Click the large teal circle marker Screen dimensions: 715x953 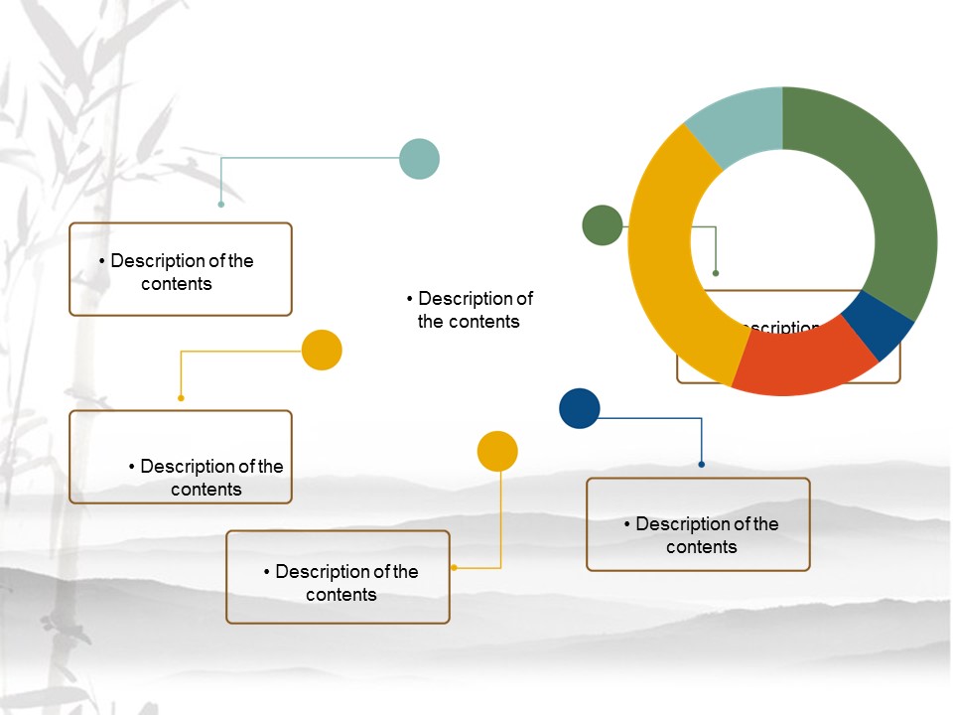(x=419, y=159)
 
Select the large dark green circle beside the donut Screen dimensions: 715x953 (x=602, y=225)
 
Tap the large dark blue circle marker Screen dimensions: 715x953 (x=580, y=408)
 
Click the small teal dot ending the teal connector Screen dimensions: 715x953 (x=221, y=205)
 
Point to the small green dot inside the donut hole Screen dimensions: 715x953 (x=716, y=273)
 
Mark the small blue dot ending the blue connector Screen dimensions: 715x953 (x=702, y=464)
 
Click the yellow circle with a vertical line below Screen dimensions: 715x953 (x=497, y=451)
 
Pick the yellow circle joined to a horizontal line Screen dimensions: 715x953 (x=322, y=350)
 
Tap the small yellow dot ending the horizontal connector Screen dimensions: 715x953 (x=181, y=398)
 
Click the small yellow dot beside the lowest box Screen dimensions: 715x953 (x=454, y=568)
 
